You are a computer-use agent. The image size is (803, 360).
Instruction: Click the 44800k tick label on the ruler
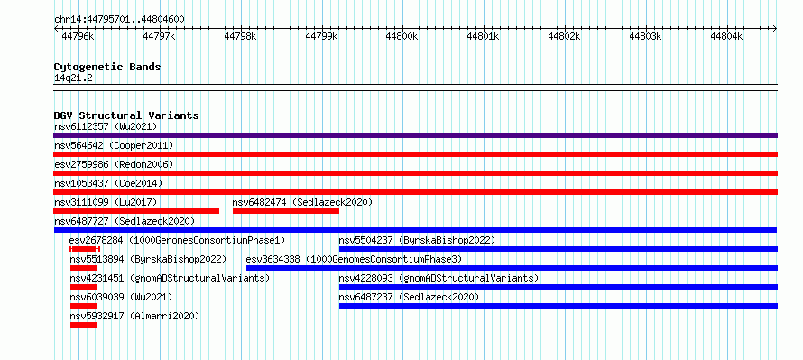pyautogui.click(x=401, y=36)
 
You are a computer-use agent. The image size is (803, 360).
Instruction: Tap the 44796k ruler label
pyautogui.click(x=78, y=36)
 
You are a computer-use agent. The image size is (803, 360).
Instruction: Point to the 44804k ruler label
pyautogui.click(x=726, y=36)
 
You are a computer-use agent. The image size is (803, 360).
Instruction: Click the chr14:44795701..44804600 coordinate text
pyautogui.click(x=119, y=19)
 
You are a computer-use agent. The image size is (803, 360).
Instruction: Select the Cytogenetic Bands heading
pyautogui.click(x=107, y=67)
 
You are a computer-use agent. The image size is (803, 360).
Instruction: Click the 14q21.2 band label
pyautogui.click(x=73, y=78)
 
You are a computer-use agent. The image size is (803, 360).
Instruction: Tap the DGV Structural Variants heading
pyautogui.click(x=126, y=115)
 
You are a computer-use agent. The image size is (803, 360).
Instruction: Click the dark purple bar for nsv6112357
pyautogui.click(x=415, y=135)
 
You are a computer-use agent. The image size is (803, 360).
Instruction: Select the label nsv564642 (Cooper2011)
pyautogui.click(x=114, y=145)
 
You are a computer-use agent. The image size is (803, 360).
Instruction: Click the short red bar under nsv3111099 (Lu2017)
pyautogui.click(x=136, y=211)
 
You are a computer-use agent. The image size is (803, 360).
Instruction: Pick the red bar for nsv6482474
pyautogui.click(x=286, y=211)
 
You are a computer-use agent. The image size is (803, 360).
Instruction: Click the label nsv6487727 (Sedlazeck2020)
pyautogui.click(x=125, y=221)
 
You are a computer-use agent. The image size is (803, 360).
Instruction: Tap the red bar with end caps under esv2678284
pyautogui.click(x=85, y=249)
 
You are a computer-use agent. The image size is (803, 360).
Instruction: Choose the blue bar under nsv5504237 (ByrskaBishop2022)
pyautogui.click(x=558, y=249)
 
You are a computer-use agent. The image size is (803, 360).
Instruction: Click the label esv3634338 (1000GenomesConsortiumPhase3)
pyautogui.click(x=354, y=259)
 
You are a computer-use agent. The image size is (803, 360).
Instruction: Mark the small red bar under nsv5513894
pyautogui.click(x=84, y=268)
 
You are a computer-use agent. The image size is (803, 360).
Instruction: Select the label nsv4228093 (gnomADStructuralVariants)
pyautogui.click(x=438, y=278)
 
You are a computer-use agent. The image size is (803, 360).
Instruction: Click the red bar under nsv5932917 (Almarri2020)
pyautogui.click(x=84, y=325)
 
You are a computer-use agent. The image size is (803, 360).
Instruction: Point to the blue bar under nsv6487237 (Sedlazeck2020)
pyautogui.click(x=558, y=306)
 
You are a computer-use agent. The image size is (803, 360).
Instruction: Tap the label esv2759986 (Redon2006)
pyautogui.click(x=114, y=164)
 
